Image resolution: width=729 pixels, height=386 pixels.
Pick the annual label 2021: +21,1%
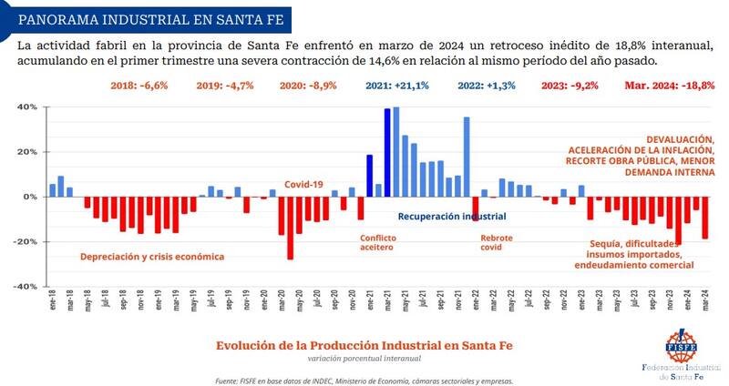(399, 86)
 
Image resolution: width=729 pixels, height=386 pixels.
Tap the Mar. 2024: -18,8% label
(669, 86)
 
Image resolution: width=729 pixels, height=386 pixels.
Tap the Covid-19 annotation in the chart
(305, 183)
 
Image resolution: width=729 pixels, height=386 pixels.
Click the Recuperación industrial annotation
(452, 217)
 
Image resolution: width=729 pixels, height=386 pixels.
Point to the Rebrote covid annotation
(498, 242)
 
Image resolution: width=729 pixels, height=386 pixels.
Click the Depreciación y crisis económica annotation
(152, 257)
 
